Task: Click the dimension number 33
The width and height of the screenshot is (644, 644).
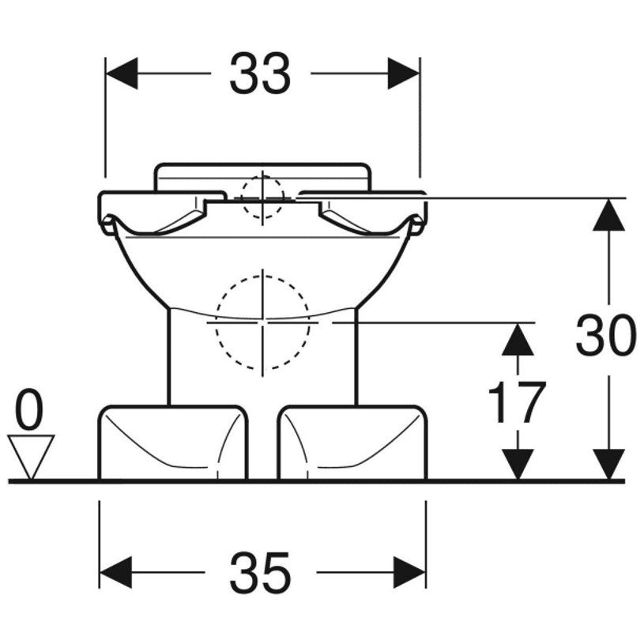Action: pos(260,74)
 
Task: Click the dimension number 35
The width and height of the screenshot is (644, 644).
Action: pos(260,572)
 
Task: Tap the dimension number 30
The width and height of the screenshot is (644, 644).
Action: pos(605,334)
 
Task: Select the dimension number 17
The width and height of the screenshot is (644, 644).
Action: pos(517,402)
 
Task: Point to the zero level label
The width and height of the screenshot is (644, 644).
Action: pos(28,409)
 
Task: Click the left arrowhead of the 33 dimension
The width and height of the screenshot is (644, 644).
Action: pos(122,73)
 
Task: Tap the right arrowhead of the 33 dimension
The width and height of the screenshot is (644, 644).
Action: pos(404,73)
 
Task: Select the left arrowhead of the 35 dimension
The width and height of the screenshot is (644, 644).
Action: pos(115,572)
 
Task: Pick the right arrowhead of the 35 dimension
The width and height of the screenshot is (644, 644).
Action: pos(409,572)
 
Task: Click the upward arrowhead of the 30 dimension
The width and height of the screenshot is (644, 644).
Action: pos(608,214)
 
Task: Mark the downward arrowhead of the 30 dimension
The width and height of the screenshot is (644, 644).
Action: pos(608,464)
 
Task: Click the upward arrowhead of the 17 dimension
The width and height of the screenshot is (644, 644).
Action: pos(518,339)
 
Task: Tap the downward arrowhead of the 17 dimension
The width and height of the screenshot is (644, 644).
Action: pos(518,464)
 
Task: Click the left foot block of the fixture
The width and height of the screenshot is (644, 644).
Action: pos(173,443)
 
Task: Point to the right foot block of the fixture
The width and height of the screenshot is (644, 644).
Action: pos(352,443)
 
